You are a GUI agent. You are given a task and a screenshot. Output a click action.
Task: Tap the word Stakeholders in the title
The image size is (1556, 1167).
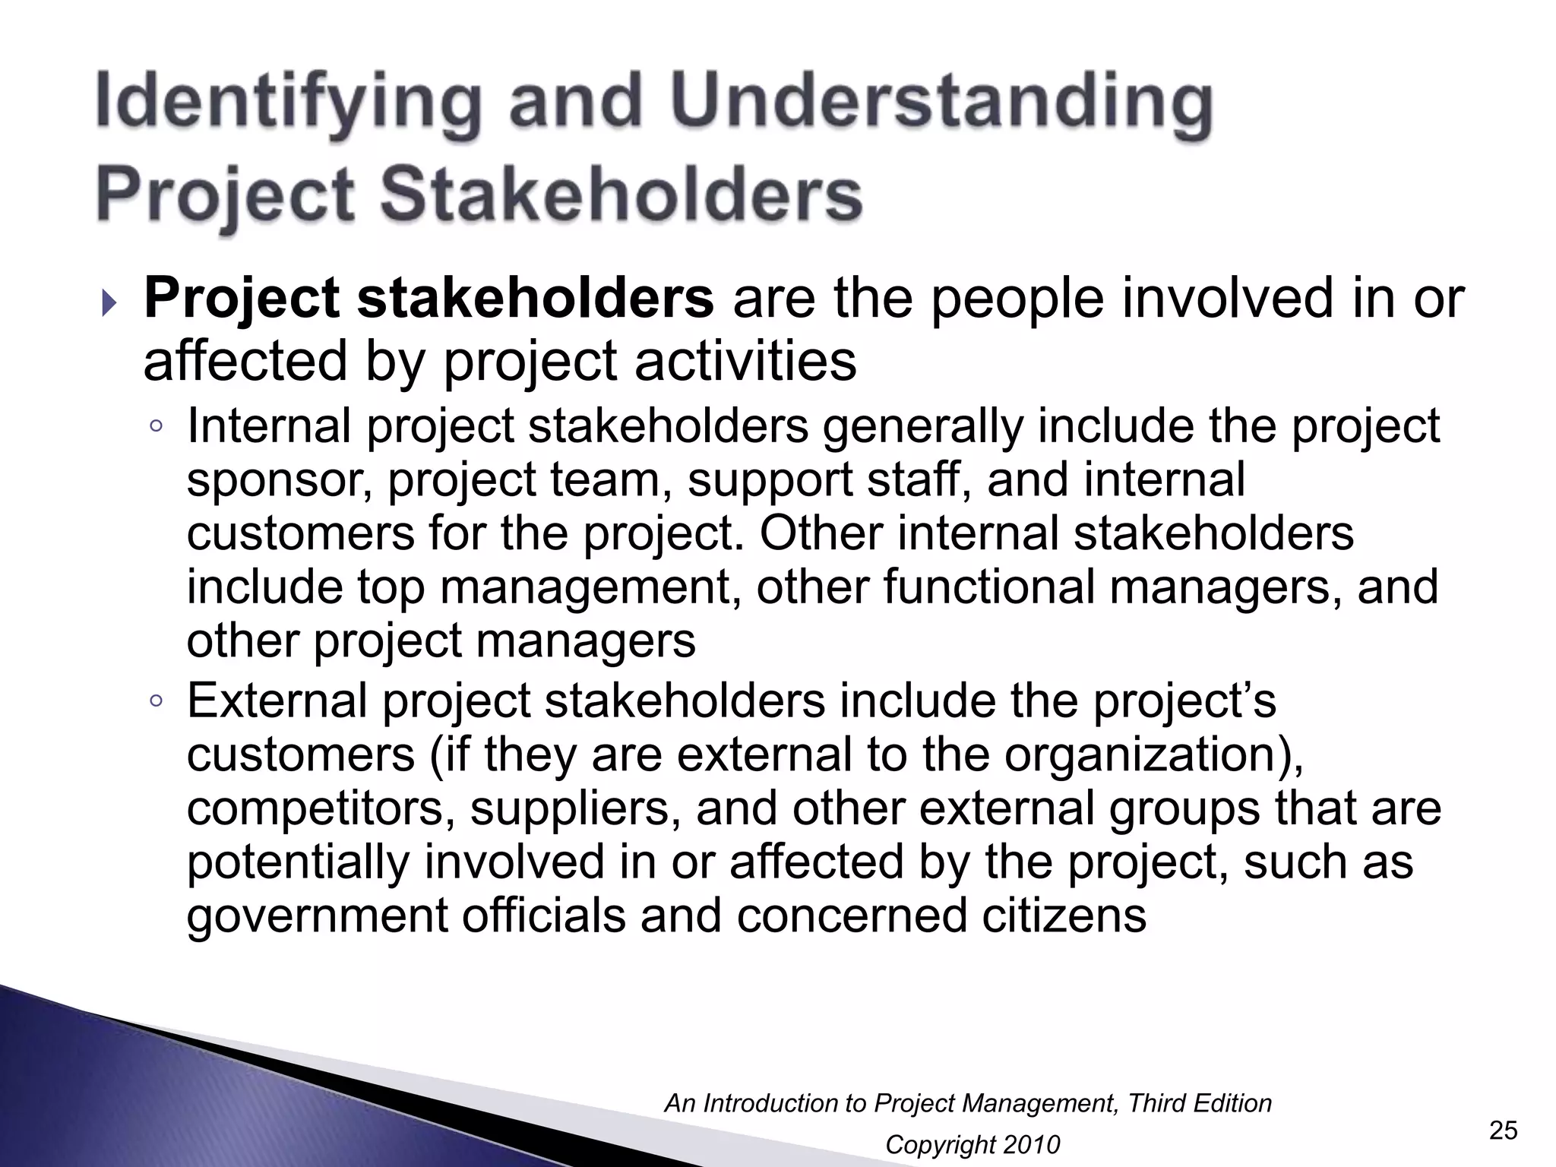pos(621,194)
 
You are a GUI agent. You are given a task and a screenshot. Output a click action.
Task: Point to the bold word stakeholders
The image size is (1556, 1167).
pos(535,299)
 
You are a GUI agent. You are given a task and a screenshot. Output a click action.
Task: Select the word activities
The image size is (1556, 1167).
pos(745,361)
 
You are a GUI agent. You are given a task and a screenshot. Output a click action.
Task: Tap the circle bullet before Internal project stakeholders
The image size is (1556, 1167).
pos(156,427)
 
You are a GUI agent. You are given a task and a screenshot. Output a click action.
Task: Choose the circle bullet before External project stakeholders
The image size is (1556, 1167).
pos(156,701)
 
